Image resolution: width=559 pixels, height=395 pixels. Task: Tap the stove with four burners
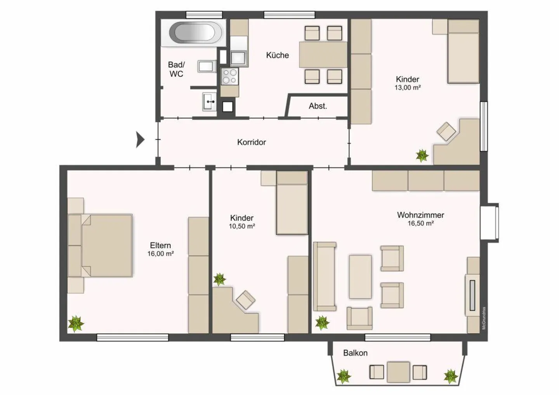pyautogui.click(x=229, y=76)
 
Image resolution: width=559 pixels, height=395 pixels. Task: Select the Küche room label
pyautogui.click(x=277, y=55)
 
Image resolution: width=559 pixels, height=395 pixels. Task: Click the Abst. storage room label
pyautogui.click(x=318, y=106)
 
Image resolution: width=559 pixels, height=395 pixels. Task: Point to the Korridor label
pyautogui.click(x=252, y=142)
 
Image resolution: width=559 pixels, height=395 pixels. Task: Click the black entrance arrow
pyautogui.click(x=140, y=139)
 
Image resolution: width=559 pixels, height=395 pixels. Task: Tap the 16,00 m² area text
pyautogui.click(x=160, y=254)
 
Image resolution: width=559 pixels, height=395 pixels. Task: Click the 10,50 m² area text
pyautogui.click(x=241, y=227)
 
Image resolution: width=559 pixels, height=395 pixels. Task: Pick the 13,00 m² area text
pyautogui.click(x=407, y=88)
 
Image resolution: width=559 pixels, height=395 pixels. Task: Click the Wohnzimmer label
pyautogui.click(x=420, y=215)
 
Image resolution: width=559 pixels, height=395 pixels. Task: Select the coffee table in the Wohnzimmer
pyautogui.click(x=360, y=276)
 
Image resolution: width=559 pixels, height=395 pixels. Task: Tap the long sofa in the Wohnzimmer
pyautogui.click(x=325, y=276)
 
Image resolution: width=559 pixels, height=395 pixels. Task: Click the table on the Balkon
pyautogui.click(x=398, y=372)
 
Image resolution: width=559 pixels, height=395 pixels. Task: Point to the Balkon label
pyautogui.click(x=355, y=353)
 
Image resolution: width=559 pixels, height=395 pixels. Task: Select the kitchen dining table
pyautogui.click(x=323, y=55)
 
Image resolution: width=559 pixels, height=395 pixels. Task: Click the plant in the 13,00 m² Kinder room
pyautogui.click(x=422, y=156)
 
